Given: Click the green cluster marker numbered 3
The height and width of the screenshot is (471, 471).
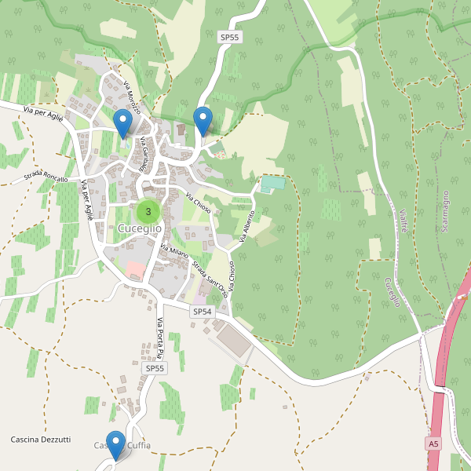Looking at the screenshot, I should click(148, 211).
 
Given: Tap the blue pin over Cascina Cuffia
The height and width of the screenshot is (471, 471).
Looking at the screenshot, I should click(116, 444).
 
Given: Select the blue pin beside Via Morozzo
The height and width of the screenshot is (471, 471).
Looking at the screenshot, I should click(122, 123).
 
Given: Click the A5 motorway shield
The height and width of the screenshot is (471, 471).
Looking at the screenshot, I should click(433, 444).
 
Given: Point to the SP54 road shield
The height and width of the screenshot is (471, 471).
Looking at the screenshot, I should click(203, 312).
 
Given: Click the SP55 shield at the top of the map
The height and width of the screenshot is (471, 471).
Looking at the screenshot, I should click(228, 37).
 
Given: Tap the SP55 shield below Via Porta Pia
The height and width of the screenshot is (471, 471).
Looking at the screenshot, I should click(155, 368).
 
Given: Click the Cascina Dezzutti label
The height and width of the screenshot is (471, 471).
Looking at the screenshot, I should click(41, 440).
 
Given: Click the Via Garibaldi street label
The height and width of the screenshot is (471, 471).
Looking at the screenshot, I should click(144, 155).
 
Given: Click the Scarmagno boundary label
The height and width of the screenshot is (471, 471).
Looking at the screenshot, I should click(445, 210).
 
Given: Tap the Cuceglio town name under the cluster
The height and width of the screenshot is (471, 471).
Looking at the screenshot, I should click(140, 228).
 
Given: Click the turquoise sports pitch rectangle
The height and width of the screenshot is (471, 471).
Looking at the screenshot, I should click(272, 183).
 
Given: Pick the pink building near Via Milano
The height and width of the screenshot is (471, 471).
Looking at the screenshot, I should click(136, 270).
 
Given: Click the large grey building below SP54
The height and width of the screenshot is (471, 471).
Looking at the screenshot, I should click(235, 340).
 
